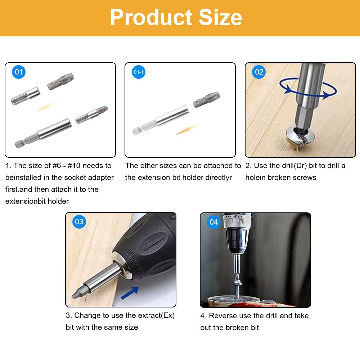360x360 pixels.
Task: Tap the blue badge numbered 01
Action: tap(19, 72)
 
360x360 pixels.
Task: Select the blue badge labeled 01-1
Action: tap(139, 72)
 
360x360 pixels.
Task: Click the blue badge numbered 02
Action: tap(259, 72)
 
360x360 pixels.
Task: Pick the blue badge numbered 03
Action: tap(79, 221)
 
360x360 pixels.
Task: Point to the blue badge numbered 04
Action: tap(214, 222)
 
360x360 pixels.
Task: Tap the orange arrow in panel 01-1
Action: tap(187, 129)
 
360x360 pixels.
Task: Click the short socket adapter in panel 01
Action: tap(25, 96)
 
